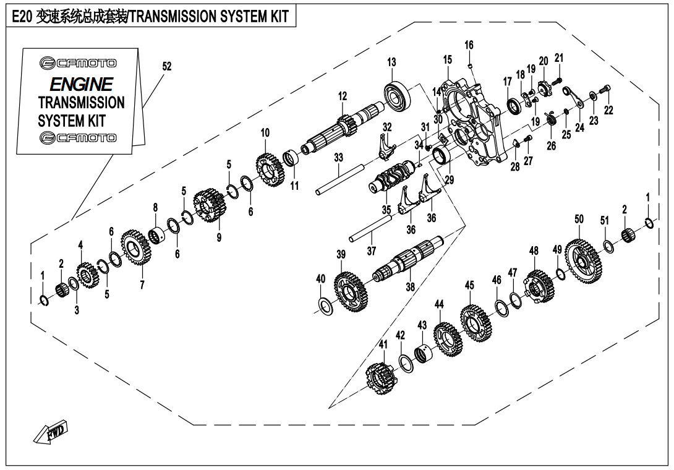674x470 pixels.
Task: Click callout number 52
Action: (166, 65)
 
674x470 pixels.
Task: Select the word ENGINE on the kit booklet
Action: (81, 84)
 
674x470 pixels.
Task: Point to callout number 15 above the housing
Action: (448, 60)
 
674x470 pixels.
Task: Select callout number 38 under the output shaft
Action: (410, 287)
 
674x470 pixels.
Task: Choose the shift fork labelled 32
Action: (385, 146)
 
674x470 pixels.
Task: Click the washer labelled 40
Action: (325, 304)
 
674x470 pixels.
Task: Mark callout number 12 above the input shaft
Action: (343, 96)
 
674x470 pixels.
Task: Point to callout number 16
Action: (469, 45)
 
